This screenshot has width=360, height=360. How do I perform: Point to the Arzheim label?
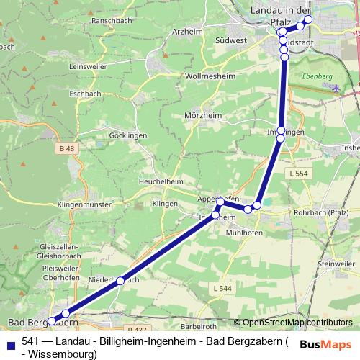click(x=188, y=32)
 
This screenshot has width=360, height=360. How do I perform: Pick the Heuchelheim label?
click(x=163, y=181)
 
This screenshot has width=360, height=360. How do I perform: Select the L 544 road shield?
click(x=222, y=288)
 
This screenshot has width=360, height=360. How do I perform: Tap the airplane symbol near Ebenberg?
click(x=338, y=87)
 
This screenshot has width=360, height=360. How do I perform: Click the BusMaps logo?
click(x=325, y=344)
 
